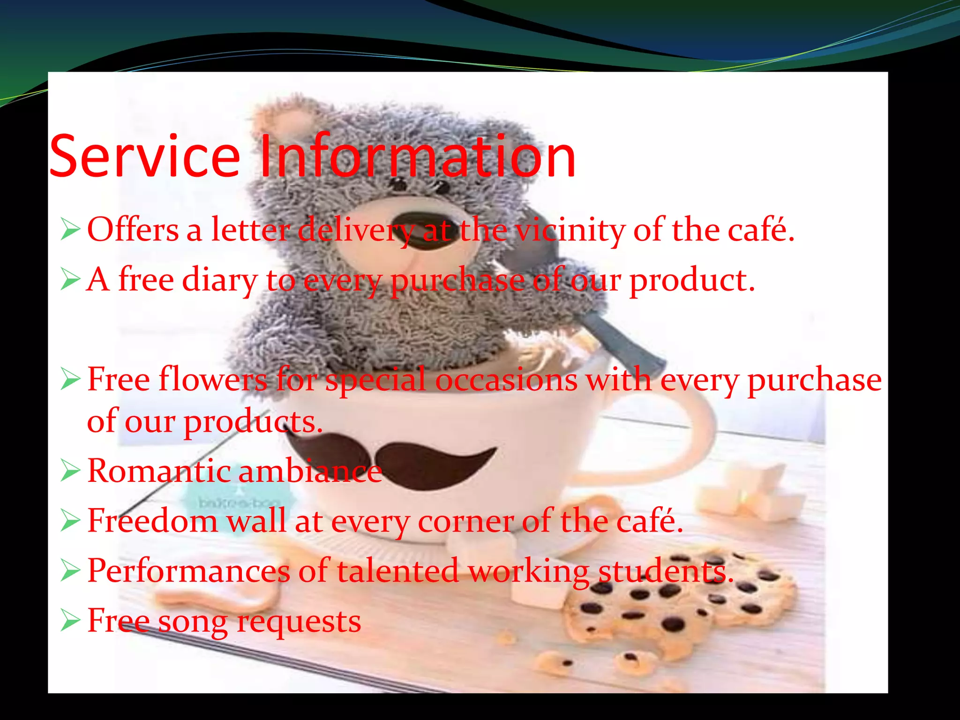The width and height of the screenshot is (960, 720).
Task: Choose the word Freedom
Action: (153, 521)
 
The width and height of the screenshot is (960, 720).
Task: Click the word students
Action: (666, 571)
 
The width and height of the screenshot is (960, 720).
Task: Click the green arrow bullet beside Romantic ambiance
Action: (70, 471)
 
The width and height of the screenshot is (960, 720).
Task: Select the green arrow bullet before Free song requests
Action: (70, 621)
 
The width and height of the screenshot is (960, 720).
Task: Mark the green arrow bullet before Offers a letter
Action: (70, 230)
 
